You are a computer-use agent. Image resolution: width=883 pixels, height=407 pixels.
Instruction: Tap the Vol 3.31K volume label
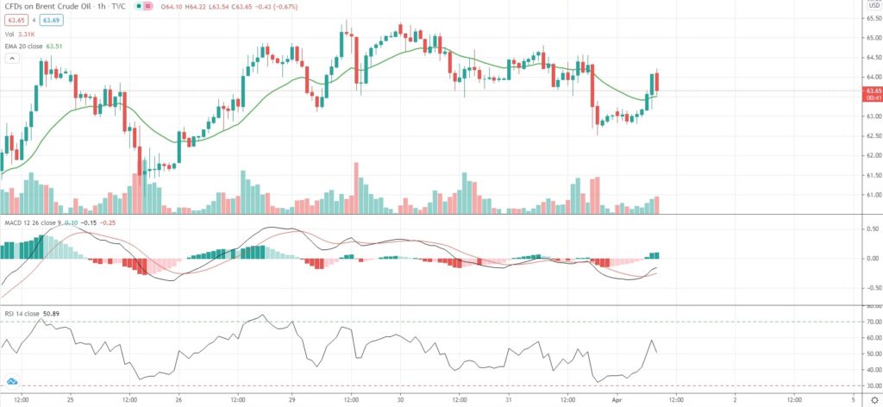click(x=17, y=34)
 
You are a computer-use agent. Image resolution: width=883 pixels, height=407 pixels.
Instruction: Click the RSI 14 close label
click(x=23, y=313)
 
